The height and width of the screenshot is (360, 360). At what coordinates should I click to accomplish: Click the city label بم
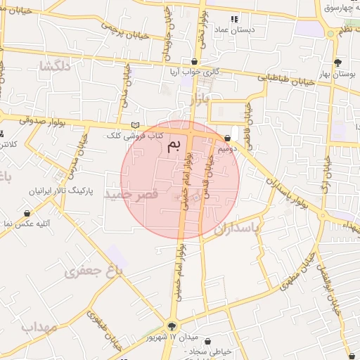[x=174, y=146]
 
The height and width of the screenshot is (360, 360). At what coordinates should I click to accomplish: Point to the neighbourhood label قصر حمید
[x=130, y=193]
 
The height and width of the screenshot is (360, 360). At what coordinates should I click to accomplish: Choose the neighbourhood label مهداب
[x=38, y=328]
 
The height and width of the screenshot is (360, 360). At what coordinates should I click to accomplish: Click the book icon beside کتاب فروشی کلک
[x=135, y=125]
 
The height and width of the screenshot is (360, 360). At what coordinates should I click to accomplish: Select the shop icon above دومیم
[x=228, y=138]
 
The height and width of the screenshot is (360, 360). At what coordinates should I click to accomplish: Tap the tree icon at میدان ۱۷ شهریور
[x=172, y=325]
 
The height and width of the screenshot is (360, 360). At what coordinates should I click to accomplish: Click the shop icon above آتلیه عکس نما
[x=27, y=212]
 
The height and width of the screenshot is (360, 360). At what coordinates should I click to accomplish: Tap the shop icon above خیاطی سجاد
[x=207, y=341]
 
